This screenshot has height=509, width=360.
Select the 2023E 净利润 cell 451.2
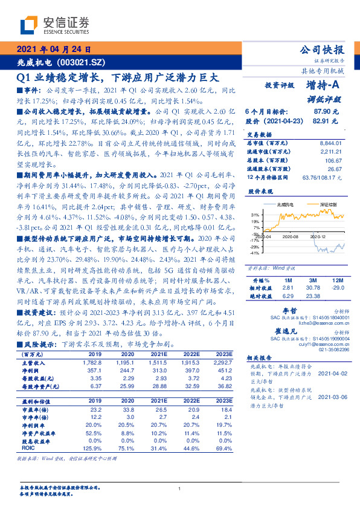[223, 370]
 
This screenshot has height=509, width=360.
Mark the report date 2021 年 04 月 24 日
[54, 50]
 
